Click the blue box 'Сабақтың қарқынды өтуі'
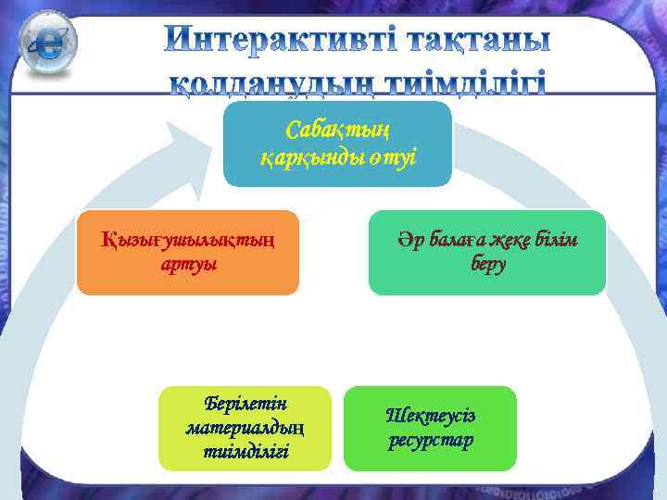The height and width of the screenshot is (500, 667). [337, 144]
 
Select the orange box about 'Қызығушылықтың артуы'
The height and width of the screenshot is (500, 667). [187, 253]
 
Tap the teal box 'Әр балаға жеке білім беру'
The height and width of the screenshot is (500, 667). [487, 253]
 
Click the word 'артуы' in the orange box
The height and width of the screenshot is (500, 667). [188, 265]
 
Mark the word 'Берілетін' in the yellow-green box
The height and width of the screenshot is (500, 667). [245, 405]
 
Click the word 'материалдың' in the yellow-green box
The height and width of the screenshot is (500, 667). [245, 428]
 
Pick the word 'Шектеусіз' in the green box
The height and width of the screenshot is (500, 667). [430, 416]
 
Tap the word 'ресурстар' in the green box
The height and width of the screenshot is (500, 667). [430, 440]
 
